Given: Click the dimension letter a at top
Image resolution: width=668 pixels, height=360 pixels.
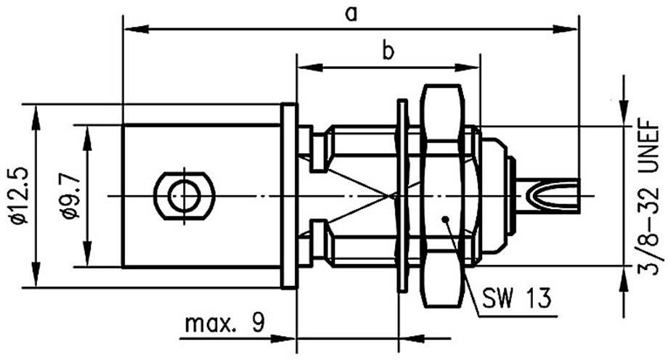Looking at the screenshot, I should (x=351, y=14).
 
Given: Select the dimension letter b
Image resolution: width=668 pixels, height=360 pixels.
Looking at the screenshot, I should (x=388, y=52).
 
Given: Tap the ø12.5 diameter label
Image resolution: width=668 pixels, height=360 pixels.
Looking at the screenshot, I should (x=17, y=196).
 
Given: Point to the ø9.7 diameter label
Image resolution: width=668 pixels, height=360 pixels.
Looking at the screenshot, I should (x=68, y=196).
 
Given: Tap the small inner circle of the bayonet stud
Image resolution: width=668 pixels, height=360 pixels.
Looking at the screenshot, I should (x=184, y=195).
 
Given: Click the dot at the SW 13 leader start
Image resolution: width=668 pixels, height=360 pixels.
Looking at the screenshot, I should (x=445, y=217).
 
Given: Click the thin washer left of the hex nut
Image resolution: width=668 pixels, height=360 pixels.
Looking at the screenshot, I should (x=401, y=196).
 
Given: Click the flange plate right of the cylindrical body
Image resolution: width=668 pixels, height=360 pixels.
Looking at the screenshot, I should (x=290, y=196).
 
